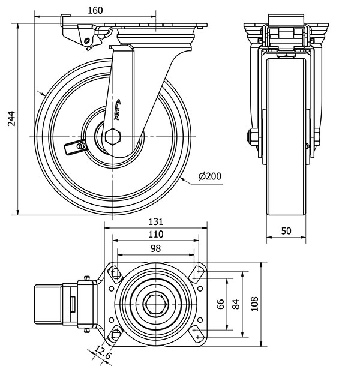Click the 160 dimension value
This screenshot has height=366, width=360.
pyautogui.click(x=95, y=10)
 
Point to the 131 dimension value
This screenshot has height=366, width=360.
pyautogui.click(x=155, y=221)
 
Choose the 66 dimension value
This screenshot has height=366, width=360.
pyautogui.click(x=220, y=304)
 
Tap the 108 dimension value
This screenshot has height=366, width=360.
pyautogui.click(x=255, y=304)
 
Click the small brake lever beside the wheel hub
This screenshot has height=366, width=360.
pyautogui.click(x=76, y=146)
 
